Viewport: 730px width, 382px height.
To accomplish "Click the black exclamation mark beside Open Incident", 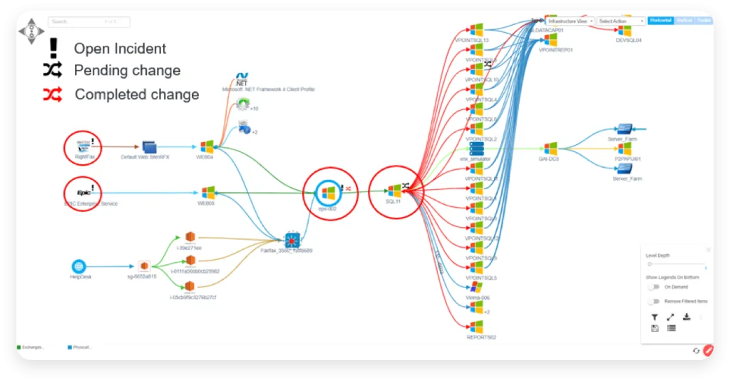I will coord(53,48).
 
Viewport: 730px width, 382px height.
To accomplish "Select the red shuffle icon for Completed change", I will coord(52,94).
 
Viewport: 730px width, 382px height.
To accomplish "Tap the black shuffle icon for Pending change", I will coord(52,70).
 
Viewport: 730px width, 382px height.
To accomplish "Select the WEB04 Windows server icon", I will coord(207,146).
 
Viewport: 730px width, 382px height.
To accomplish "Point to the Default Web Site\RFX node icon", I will coord(148,146).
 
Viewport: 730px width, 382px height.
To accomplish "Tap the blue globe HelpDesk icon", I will coord(78,266).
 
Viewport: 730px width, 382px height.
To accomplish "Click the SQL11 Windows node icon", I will coord(394,191).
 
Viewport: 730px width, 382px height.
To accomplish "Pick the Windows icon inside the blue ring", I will coord(328,192).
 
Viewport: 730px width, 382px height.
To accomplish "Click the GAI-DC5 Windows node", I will coord(550,149).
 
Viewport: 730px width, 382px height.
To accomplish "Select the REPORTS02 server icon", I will coord(476,326).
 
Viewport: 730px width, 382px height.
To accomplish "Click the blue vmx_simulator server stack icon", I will coord(476,149).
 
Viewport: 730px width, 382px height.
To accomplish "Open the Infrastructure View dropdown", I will coord(570,21).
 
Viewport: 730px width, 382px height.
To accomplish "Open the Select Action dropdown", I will coord(621,21).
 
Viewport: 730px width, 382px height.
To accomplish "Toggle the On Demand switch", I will coord(653,287).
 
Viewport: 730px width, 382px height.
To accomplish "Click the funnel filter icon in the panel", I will coord(654,317).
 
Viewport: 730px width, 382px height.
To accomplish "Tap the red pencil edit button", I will coord(708,351).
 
